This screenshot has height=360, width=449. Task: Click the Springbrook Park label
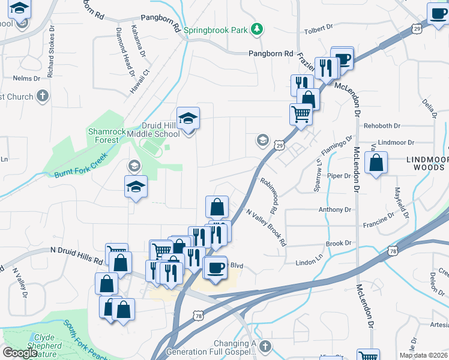coord(217,29)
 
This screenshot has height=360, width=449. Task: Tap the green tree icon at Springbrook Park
coord(257,29)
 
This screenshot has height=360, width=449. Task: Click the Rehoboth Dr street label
coord(382,126)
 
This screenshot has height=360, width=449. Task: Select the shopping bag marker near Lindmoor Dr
coord(376,163)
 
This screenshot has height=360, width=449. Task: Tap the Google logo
coord(20,353)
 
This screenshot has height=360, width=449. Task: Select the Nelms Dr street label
coord(25,78)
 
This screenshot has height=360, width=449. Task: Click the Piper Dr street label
coord(339,176)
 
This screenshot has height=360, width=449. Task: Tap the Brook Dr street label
coord(338,244)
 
